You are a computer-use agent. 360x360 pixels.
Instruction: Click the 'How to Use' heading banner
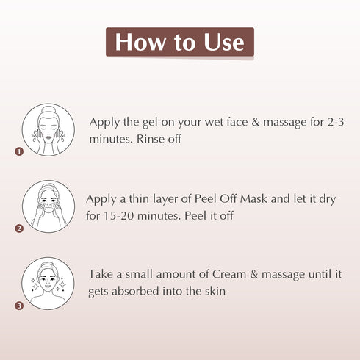(180, 43)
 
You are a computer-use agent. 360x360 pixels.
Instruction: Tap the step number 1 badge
(19, 152)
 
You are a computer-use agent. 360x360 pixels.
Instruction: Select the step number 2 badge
(19, 228)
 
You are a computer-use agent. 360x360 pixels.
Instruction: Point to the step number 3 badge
(19, 305)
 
